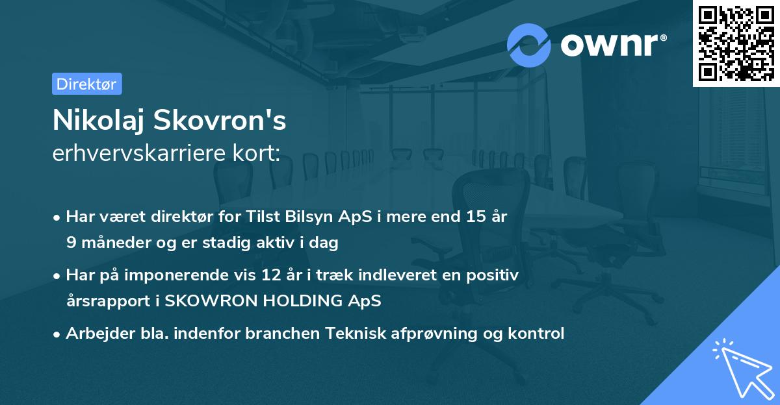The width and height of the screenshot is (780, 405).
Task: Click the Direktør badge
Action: (x=86, y=84)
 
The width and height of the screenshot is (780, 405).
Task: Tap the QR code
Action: (x=736, y=43)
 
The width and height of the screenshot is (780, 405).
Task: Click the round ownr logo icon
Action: (x=529, y=45)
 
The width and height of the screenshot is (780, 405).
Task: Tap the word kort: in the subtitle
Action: (x=258, y=154)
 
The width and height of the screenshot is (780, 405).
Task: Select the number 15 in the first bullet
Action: (x=473, y=217)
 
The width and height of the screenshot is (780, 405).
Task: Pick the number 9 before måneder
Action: (x=70, y=243)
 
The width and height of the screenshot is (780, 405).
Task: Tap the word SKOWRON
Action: (x=207, y=302)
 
